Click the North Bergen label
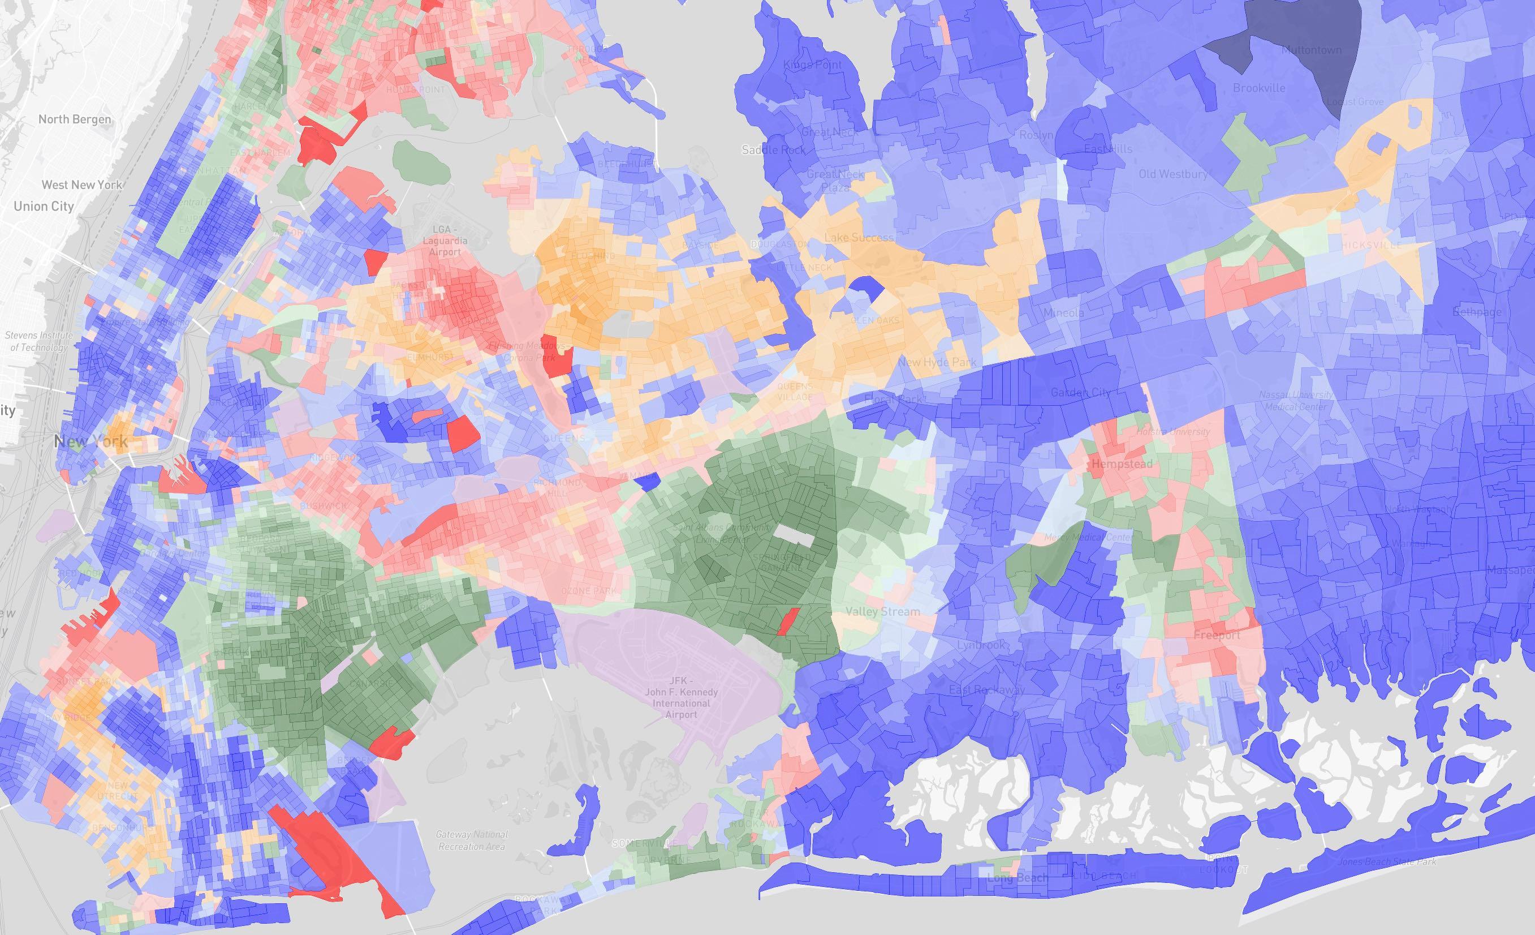click(x=75, y=119)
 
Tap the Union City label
click(x=44, y=205)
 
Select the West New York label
click(x=82, y=185)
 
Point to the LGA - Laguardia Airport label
click(x=444, y=241)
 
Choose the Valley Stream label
click(x=882, y=611)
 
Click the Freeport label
click(x=1217, y=636)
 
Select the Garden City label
click(x=1080, y=393)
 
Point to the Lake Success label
click(x=859, y=237)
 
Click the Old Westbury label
click(x=1173, y=174)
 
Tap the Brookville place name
click(x=1259, y=88)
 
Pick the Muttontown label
click(x=1313, y=50)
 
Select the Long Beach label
click(x=1017, y=878)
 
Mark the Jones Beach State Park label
click(x=1387, y=861)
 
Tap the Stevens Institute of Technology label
click(x=38, y=341)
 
